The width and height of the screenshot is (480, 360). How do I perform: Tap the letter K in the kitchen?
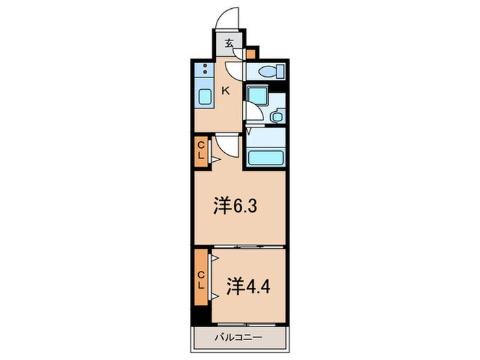coord(225,88)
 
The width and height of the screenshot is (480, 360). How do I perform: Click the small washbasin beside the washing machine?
coord(277,117)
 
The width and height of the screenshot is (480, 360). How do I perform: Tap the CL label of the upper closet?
coord(201,149)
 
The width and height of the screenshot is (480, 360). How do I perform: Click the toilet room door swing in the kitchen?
coord(235,69)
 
